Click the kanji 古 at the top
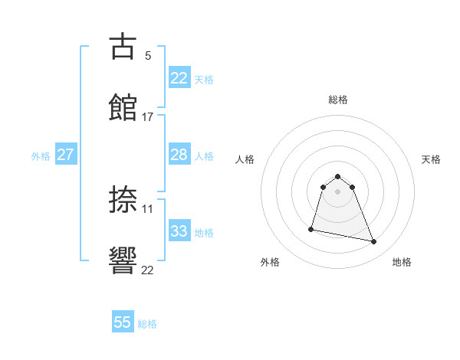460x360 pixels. tap(123, 47)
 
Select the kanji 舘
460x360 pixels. tap(123, 107)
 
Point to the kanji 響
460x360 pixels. tap(123, 260)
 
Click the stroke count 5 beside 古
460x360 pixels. tap(147, 56)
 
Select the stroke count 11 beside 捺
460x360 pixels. tap(147, 208)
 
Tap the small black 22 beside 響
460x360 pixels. tap(147, 270)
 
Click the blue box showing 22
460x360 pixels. tap(179, 77)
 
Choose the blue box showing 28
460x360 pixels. tap(179, 155)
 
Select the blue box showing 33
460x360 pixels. tap(179, 231)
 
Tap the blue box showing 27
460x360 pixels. tap(65, 155)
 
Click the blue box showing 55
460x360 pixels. tap(123, 322)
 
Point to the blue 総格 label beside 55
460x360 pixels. tap(147, 324)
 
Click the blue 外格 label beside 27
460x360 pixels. tap(41, 156)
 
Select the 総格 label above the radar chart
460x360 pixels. tap(337, 100)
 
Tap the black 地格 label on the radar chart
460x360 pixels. tap(402, 263)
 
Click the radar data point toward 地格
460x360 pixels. tap(374, 242)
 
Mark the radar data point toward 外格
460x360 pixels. tap(311, 229)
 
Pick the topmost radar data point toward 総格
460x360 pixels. tap(337, 177)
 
